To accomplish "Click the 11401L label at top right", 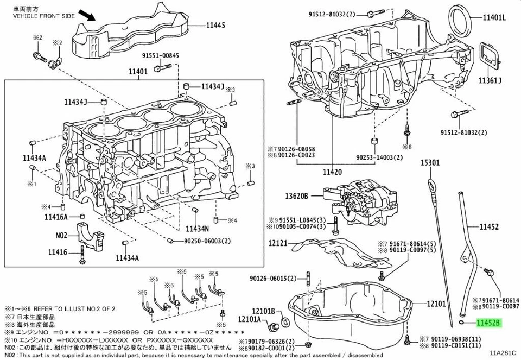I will tap(494, 18).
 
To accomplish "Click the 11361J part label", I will tap(490, 81).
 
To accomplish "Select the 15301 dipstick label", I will tap(428, 162).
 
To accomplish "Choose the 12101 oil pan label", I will tap(436, 304).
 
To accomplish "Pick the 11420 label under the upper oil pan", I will tap(332, 172).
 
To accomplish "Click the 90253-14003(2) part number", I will tap(378, 157).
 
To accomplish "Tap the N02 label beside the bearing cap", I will tap(61, 236).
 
